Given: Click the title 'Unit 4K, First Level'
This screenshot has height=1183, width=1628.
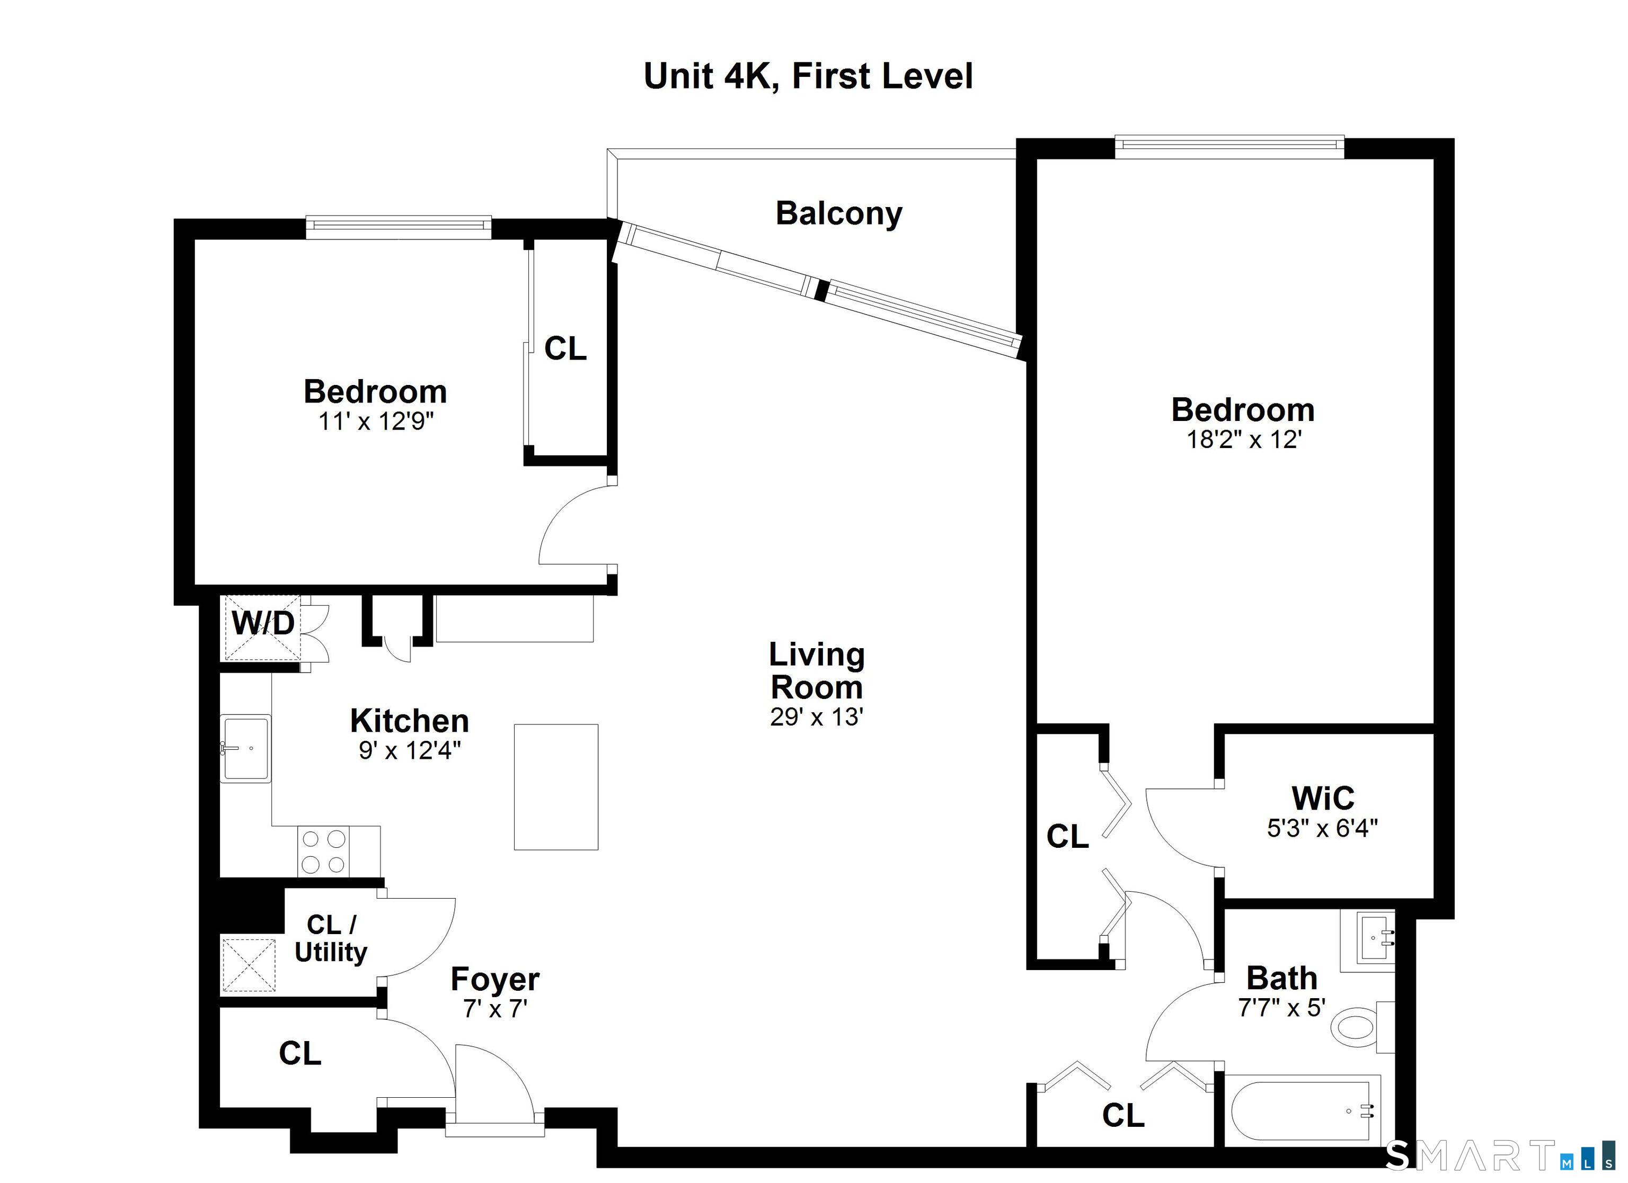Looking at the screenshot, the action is click(x=808, y=77).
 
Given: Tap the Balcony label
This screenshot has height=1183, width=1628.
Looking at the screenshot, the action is click(x=838, y=214).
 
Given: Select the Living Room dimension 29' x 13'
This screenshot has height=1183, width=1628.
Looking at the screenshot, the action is click(x=816, y=716).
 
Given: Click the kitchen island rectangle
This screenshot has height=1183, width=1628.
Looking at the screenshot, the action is click(x=555, y=787).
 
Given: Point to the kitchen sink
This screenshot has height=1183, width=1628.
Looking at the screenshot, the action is click(x=245, y=748).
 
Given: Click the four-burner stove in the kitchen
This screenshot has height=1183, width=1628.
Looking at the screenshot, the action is click(x=323, y=852).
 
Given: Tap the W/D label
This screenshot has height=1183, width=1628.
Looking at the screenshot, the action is click(x=263, y=623).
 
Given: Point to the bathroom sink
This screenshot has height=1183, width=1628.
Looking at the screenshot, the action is click(x=1367, y=940).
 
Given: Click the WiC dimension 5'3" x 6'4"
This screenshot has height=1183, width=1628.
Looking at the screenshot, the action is click(x=1322, y=829).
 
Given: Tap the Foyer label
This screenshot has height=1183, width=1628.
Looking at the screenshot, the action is click(x=494, y=979).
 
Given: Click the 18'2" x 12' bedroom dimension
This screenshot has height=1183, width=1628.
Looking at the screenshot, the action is click(x=1244, y=439).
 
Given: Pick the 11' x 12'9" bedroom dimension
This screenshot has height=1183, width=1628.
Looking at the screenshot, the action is click(x=376, y=421).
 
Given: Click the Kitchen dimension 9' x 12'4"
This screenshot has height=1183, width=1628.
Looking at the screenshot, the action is click(x=410, y=750).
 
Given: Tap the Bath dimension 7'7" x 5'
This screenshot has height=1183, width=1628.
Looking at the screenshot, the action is click(x=1281, y=1008).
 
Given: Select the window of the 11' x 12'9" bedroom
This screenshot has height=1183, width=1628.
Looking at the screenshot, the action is click(x=399, y=227).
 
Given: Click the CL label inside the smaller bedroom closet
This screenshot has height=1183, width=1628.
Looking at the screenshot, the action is click(x=565, y=348).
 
